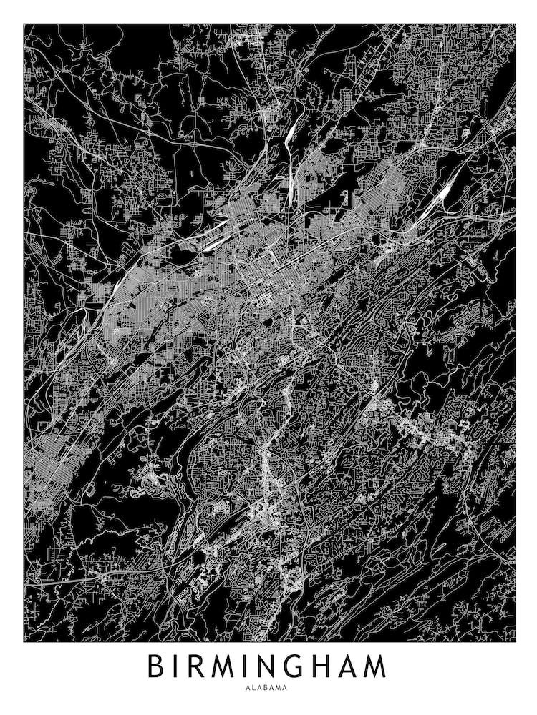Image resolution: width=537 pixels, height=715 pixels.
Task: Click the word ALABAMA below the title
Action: (x=268, y=688)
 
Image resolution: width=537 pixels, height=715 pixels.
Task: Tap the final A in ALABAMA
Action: (x=286, y=688)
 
